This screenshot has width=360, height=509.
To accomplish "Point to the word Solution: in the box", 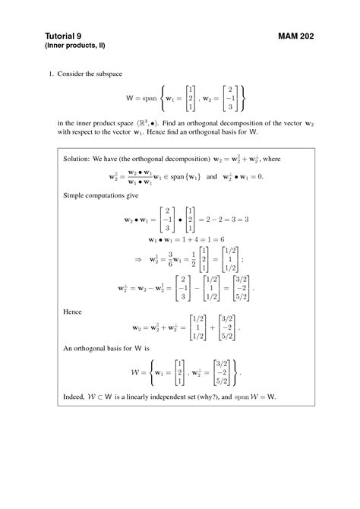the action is [77, 160].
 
